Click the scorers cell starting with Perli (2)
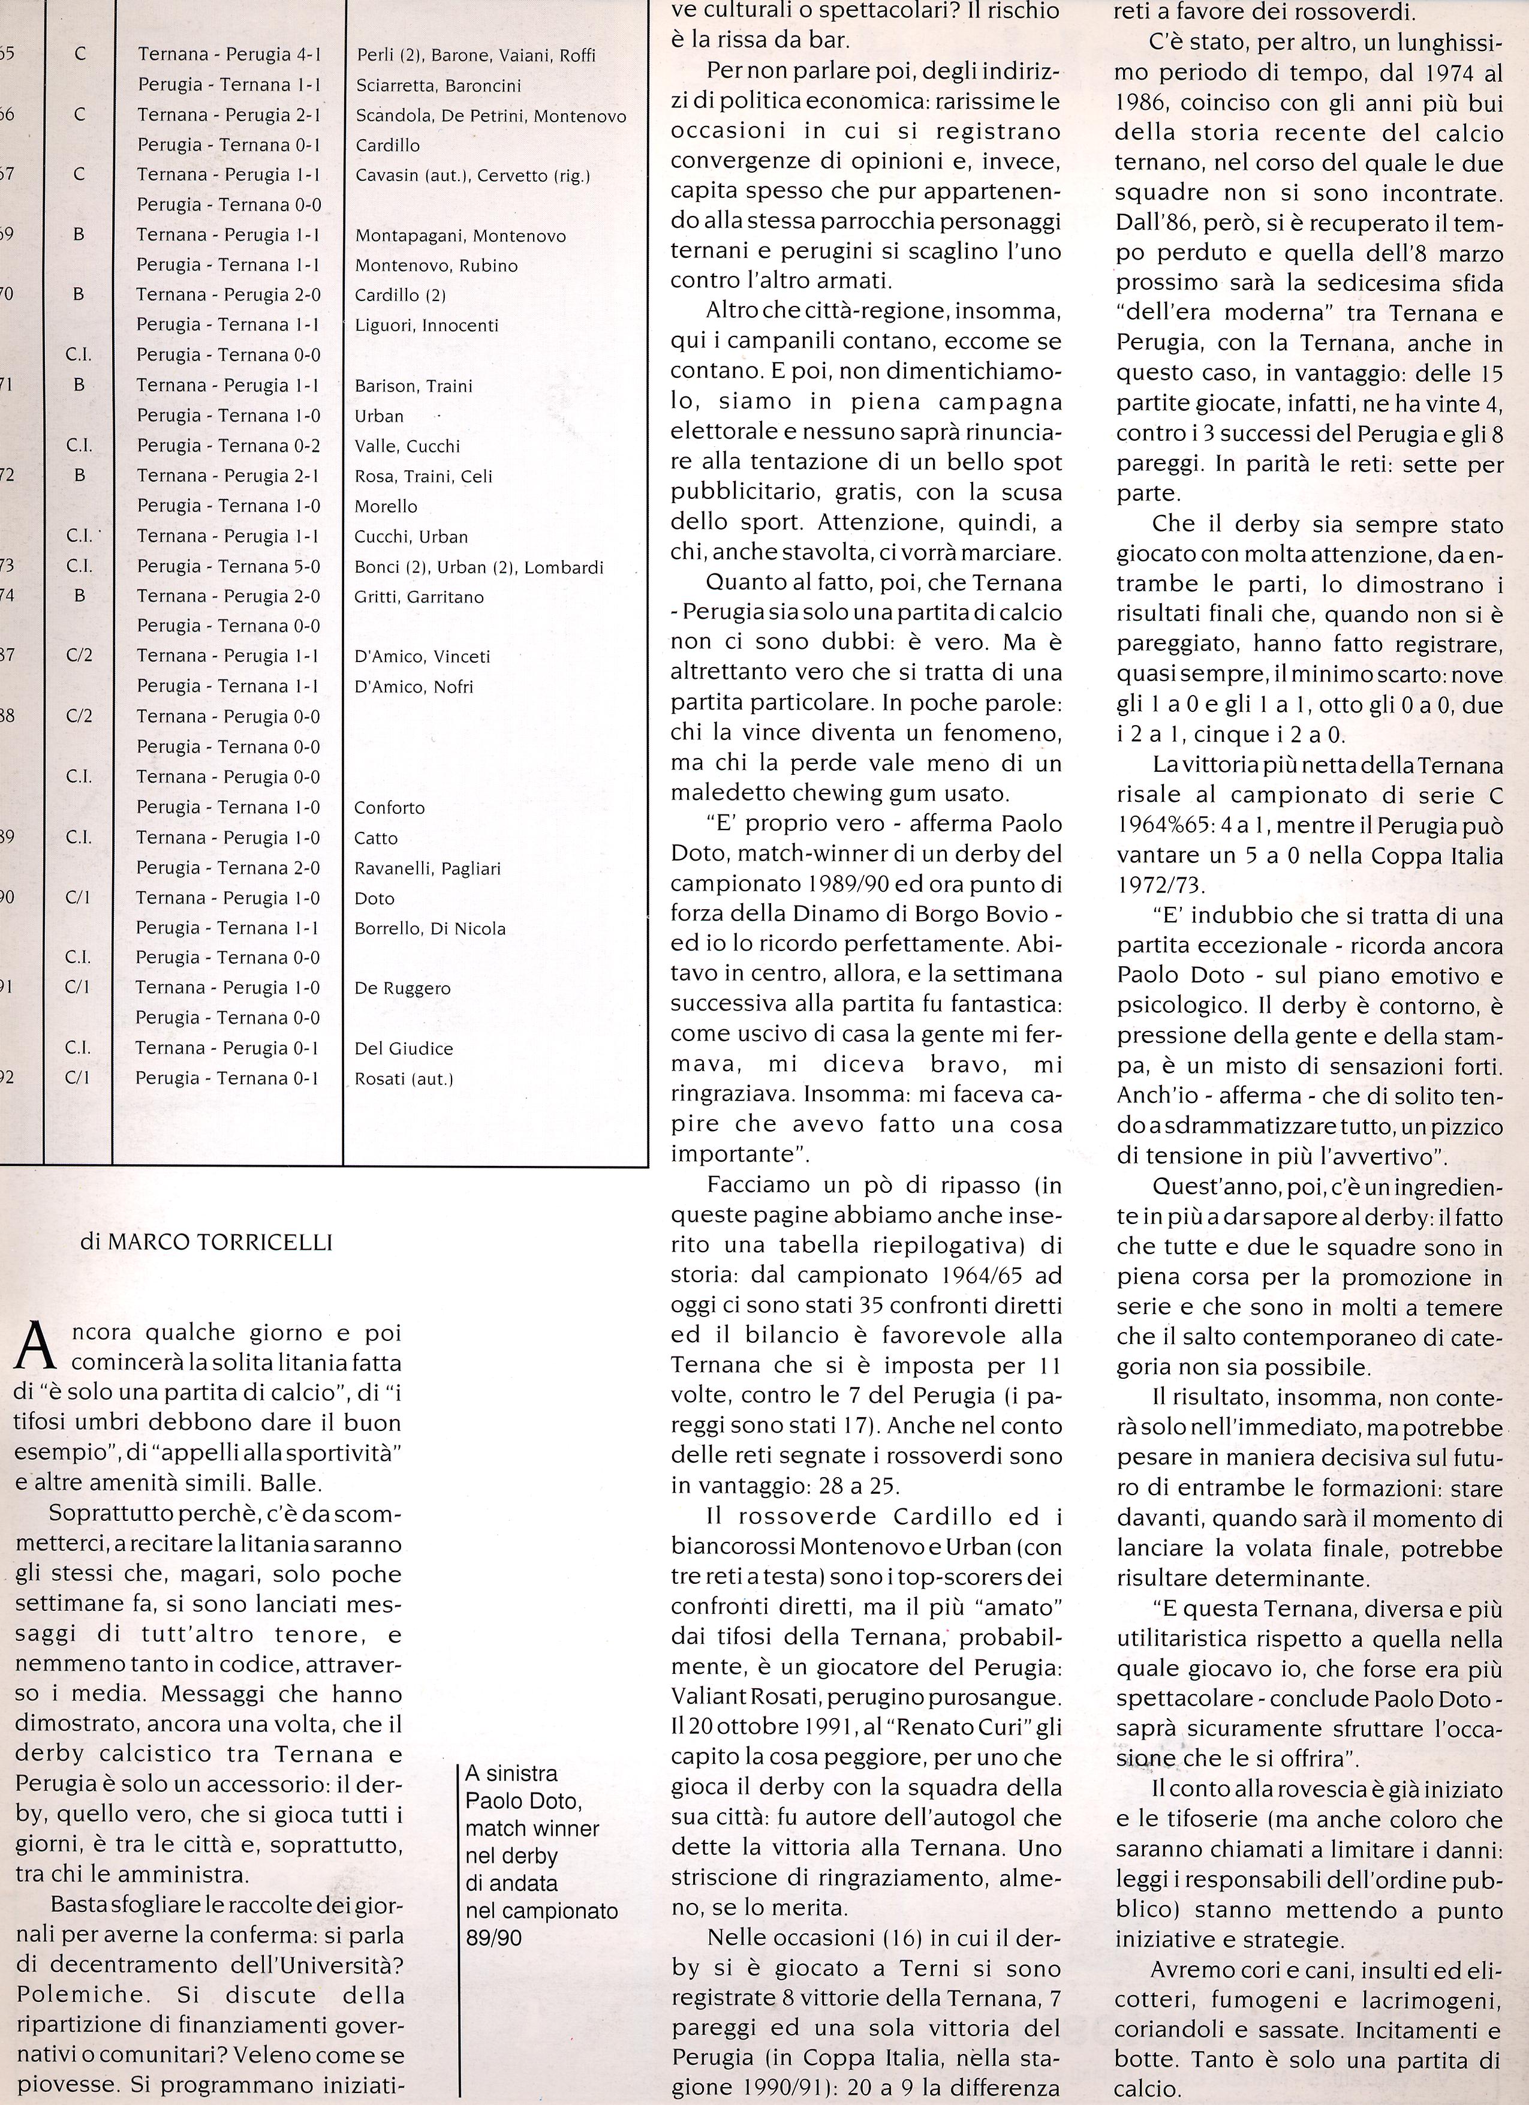pos(475,55)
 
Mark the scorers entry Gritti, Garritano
pos(419,597)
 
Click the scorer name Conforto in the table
pos(389,807)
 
